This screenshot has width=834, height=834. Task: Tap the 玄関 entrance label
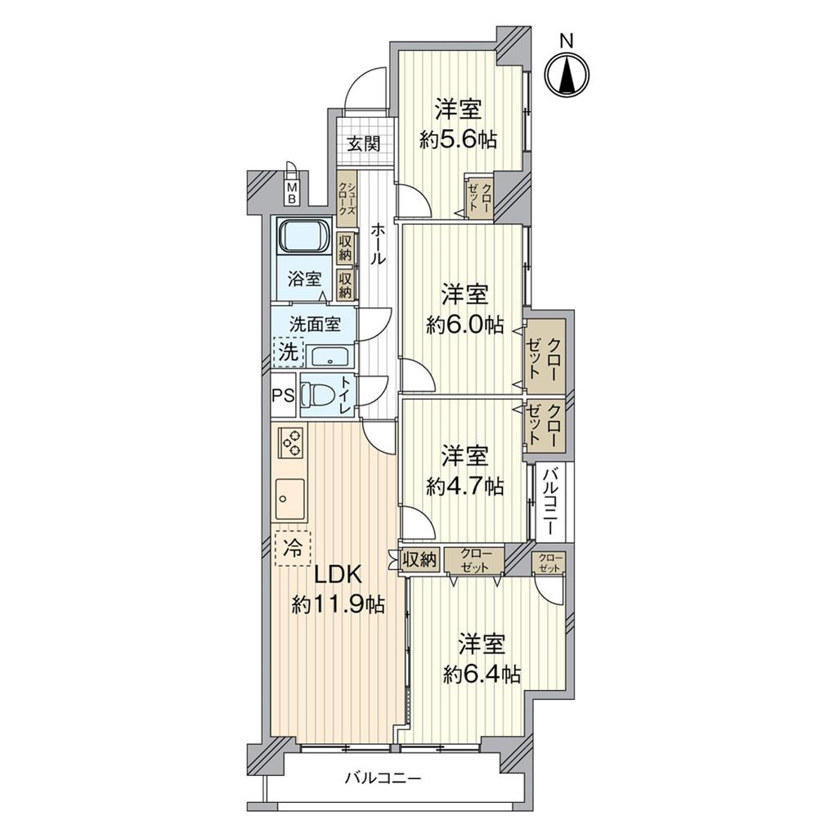coord(363,144)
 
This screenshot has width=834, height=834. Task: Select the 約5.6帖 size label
coord(458,140)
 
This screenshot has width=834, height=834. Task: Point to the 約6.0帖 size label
coord(464,325)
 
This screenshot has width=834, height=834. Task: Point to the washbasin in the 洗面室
coord(330,357)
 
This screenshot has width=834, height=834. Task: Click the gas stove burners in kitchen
coord(292,445)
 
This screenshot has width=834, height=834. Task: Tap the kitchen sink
coord(290,497)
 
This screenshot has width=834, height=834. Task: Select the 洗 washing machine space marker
coord(287,352)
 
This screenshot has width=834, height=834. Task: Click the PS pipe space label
coord(283,395)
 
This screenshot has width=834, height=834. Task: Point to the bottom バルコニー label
coord(382,779)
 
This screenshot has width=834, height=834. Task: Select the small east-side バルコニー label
coord(550,500)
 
